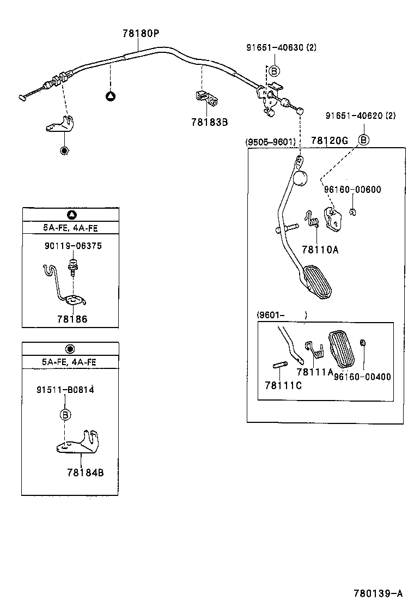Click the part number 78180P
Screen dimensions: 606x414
[x=140, y=33]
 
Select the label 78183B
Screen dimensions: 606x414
[x=209, y=122]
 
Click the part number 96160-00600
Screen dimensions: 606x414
[x=352, y=190]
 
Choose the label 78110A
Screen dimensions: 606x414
[x=320, y=250]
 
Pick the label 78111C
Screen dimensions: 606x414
[x=283, y=385]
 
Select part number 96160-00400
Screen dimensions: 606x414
[x=362, y=377]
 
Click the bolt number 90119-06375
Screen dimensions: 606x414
[x=73, y=246]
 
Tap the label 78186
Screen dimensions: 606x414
[x=71, y=319]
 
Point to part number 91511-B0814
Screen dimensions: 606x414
[x=65, y=390]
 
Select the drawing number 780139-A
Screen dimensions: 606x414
[x=378, y=593]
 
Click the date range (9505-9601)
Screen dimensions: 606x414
[x=271, y=142]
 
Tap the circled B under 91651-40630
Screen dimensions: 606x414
[x=274, y=70]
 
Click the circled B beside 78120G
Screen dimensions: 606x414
[x=363, y=140]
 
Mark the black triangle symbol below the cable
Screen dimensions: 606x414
[x=110, y=96]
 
